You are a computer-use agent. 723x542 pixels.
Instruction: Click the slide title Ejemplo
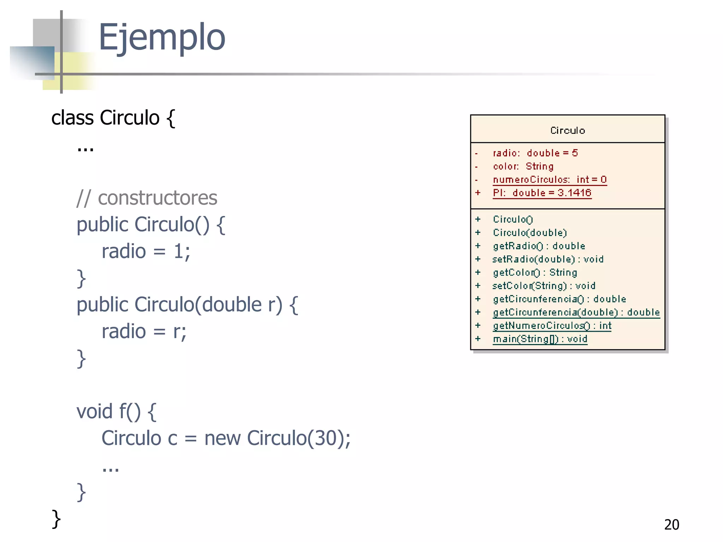(x=162, y=37)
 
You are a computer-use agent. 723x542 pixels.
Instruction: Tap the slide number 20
(x=671, y=525)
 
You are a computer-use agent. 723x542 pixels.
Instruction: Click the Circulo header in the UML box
(x=567, y=131)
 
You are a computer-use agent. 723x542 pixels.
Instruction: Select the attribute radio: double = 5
(x=535, y=153)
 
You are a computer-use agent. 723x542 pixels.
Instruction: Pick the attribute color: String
(x=523, y=166)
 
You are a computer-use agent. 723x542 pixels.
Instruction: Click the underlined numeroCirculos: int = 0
(x=549, y=180)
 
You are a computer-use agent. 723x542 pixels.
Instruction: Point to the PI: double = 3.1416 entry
(x=542, y=193)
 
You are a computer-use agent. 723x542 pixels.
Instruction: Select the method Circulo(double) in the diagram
(x=530, y=233)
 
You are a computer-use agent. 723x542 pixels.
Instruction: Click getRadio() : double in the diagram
(x=539, y=246)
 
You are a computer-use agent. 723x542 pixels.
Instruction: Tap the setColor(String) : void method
(x=544, y=286)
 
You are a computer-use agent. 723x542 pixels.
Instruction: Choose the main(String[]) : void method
(x=540, y=339)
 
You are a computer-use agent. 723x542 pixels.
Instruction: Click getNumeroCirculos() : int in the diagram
(x=552, y=326)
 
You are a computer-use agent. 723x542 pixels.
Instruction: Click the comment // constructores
(x=147, y=198)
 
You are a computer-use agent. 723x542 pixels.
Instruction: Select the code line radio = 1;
(x=146, y=252)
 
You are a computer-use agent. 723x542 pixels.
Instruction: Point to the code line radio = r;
(x=144, y=332)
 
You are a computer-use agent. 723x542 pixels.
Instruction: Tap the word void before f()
(x=94, y=411)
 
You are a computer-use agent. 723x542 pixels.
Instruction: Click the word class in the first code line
(x=72, y=118)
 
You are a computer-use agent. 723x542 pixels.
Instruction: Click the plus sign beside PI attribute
(x=478, y=193)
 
